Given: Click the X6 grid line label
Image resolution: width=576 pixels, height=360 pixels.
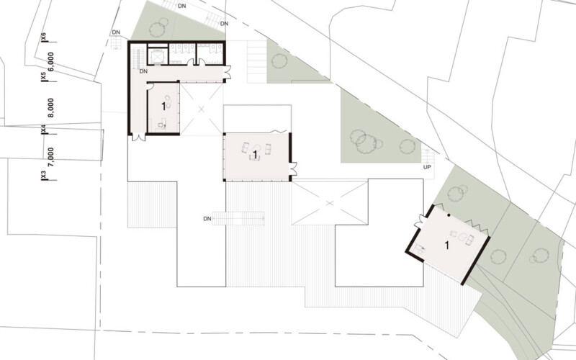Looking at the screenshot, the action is click(44, 37).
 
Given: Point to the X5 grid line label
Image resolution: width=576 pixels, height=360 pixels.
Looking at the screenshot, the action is click(44, 76).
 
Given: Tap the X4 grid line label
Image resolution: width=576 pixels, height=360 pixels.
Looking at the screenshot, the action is click(44, 129).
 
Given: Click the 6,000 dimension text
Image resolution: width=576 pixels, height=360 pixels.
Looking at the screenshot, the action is click(51, 61).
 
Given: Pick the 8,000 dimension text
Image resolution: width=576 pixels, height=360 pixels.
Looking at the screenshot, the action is click(51, 107).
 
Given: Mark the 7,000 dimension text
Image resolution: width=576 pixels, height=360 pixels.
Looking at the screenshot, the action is click(51, 157).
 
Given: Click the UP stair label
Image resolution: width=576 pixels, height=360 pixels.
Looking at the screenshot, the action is click(427, 167).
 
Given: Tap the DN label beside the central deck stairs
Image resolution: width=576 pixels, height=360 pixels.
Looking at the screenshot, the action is click(207, 219).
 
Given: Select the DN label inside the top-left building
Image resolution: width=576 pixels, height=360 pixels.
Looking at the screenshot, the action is click(143, 71).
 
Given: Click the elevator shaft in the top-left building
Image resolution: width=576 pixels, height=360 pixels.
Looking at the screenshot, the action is click(158, 56).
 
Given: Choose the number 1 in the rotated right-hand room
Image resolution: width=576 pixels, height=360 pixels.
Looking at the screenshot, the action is click(446, 245).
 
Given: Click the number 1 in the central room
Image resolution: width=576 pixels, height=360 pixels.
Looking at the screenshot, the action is click(255, 155).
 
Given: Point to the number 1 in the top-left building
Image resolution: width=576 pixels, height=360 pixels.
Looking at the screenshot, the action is click(163, 107).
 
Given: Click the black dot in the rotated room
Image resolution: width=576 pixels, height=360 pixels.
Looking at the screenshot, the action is click(449, 215).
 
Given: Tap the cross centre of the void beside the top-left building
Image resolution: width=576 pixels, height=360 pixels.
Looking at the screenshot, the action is click(201, 109).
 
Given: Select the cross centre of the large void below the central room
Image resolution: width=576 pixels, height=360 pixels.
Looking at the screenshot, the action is click(330, 203).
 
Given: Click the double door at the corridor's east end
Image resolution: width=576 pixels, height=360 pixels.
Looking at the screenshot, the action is click(228, 73).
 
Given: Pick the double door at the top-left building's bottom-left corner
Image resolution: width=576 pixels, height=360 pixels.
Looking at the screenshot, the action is click(138, 138).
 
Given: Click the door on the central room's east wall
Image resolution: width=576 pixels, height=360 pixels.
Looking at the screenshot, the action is click(293, 168).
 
